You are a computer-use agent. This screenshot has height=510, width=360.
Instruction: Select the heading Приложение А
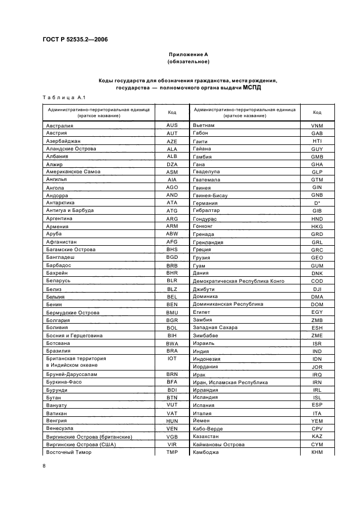tap(188, 54)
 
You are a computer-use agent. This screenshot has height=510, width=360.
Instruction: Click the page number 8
tap(44, 466)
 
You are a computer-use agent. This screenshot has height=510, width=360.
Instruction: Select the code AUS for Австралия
tap(172, 125)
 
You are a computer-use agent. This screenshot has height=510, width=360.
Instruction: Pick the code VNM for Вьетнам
tap(317, 125)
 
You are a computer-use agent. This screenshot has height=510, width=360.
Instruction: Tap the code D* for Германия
tap(317, 203)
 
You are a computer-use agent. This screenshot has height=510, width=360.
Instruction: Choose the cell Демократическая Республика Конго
tap(239, 281)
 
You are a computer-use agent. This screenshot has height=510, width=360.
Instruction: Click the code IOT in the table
tap(172, 359)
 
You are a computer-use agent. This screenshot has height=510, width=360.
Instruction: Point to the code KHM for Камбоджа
tap(317, 452)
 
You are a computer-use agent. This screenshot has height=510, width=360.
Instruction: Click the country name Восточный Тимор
tap(69, 452)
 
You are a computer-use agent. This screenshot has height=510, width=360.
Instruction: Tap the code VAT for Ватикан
tap(172, 413)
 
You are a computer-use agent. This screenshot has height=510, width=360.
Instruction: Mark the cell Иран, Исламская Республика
tap(230, 382)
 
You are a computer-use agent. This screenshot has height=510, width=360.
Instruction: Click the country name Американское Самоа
tap(74, 172)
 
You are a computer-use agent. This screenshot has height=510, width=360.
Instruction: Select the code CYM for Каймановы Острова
tap(317, 444)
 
